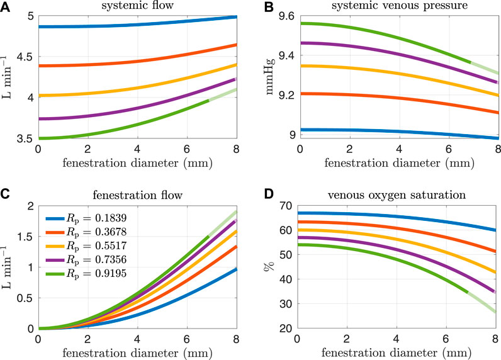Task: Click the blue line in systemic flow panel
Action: click(126, 26)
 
